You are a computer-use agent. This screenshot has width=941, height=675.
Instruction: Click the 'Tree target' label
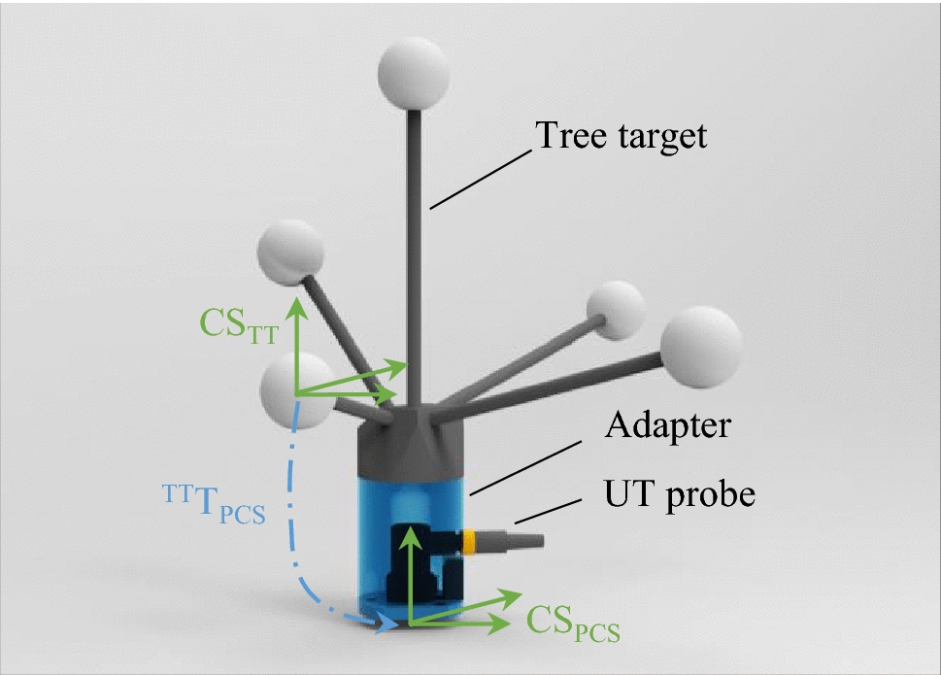[x=622, y=135]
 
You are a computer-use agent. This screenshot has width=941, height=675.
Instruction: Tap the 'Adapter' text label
[x=668, y=426]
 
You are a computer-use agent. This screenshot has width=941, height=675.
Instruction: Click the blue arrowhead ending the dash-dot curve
[x=386, y=624]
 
